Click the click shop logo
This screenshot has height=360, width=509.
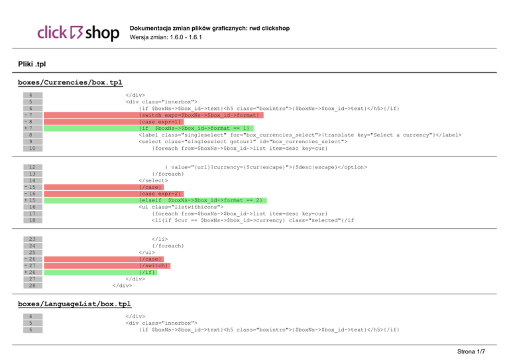[x=78, y=32]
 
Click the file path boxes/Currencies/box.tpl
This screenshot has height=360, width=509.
[x=70, y=83]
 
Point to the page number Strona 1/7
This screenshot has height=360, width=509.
[x=475, y=351]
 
